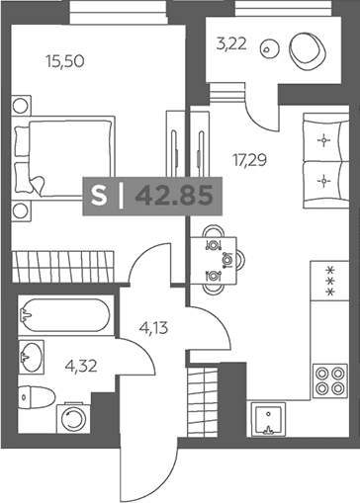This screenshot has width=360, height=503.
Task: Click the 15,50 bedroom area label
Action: (x=65, y=61)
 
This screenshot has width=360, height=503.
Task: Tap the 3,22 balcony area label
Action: (x=231, y=43)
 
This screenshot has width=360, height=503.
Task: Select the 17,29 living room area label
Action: (x=249, y=160)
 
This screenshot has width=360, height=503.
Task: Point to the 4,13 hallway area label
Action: (x=153, y=328)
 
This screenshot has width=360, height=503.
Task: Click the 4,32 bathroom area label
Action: (x=81, y=366)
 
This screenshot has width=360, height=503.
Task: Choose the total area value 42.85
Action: (x=174, y=197)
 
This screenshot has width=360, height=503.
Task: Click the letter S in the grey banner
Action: (x=99, y=197)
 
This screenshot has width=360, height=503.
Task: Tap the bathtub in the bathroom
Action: (x=66, y=315)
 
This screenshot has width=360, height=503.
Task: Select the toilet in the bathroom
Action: (x=37, y=397)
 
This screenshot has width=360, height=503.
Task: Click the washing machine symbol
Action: (x=73, y=418)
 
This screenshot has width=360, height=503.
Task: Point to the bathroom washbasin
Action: (x=32, y=357)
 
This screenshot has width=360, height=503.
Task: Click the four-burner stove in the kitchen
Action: (x=330, y=380)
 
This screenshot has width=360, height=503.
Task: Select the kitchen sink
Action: (x=268, y=419)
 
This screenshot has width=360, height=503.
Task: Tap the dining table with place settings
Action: (x=214, y=260)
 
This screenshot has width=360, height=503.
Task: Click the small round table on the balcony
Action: (x=270, y=49)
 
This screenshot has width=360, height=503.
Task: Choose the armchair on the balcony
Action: (x=308, y=50)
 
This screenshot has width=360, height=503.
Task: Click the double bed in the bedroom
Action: (x=63, y=157)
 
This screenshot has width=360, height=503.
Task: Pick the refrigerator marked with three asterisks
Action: (x=329, y=281)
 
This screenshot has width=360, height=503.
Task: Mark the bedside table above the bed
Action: (x=21, y=106)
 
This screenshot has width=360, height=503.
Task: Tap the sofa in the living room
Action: (x=325, y=161)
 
